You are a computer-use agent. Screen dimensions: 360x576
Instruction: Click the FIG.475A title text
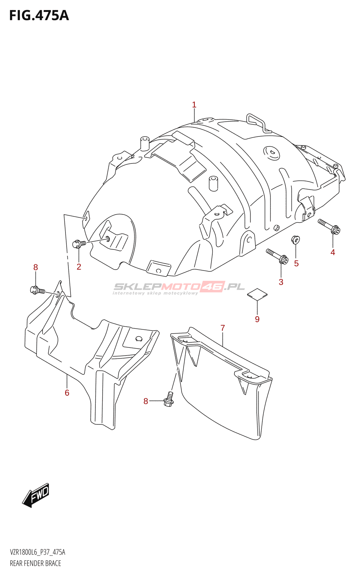coord(39,15)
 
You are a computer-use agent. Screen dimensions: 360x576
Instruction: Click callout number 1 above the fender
coord(194,105)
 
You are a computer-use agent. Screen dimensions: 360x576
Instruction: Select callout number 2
coord(79,267)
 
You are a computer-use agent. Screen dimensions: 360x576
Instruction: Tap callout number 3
coord(281,282)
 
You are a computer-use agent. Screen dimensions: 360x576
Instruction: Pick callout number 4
coord(333,252)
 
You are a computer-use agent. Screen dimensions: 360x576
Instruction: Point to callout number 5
coord(296,264)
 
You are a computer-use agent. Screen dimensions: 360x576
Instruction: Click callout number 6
coord(67,393)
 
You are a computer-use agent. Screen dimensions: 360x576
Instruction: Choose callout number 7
coord(223,328)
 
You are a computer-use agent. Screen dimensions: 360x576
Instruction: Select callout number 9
coord(257,319)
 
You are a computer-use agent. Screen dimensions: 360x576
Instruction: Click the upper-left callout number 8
coord(35,267)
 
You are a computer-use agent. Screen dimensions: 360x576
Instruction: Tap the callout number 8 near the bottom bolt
coord(146,401)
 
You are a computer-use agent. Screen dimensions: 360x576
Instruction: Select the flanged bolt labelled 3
coord(277,256)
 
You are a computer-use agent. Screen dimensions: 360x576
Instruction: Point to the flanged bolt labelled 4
coord(329,226)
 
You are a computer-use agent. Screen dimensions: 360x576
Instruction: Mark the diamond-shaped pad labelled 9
coord(257,294)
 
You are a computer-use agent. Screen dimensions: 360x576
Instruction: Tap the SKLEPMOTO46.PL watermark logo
coord(179,288)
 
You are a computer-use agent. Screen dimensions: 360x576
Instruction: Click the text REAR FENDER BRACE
coord(35,563)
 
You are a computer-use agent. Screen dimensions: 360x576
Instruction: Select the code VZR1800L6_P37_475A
coord(37,552)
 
